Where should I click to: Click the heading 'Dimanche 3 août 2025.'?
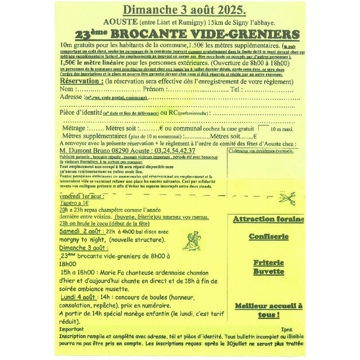point(179,9)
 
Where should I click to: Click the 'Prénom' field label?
point(153,90)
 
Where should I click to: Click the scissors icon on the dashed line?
point(286,197)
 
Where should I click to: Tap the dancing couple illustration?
point(192,240)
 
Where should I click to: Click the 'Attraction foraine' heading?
point(268,220)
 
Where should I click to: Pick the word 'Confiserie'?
point(268,236)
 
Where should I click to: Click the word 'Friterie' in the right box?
point(268,263)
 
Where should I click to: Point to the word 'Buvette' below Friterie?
point(268,271)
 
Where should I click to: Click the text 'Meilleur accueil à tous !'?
point(268,310)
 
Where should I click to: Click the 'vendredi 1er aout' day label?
point(82,197)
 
